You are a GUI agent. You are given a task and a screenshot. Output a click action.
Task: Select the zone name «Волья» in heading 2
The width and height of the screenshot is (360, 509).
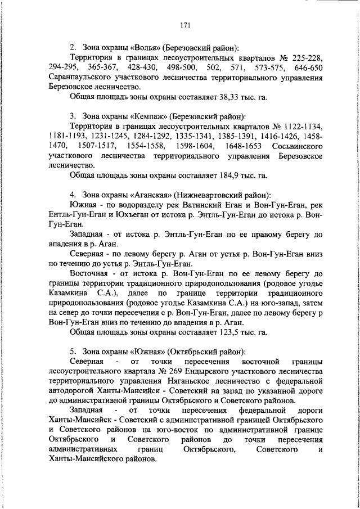[x=138, y=47]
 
